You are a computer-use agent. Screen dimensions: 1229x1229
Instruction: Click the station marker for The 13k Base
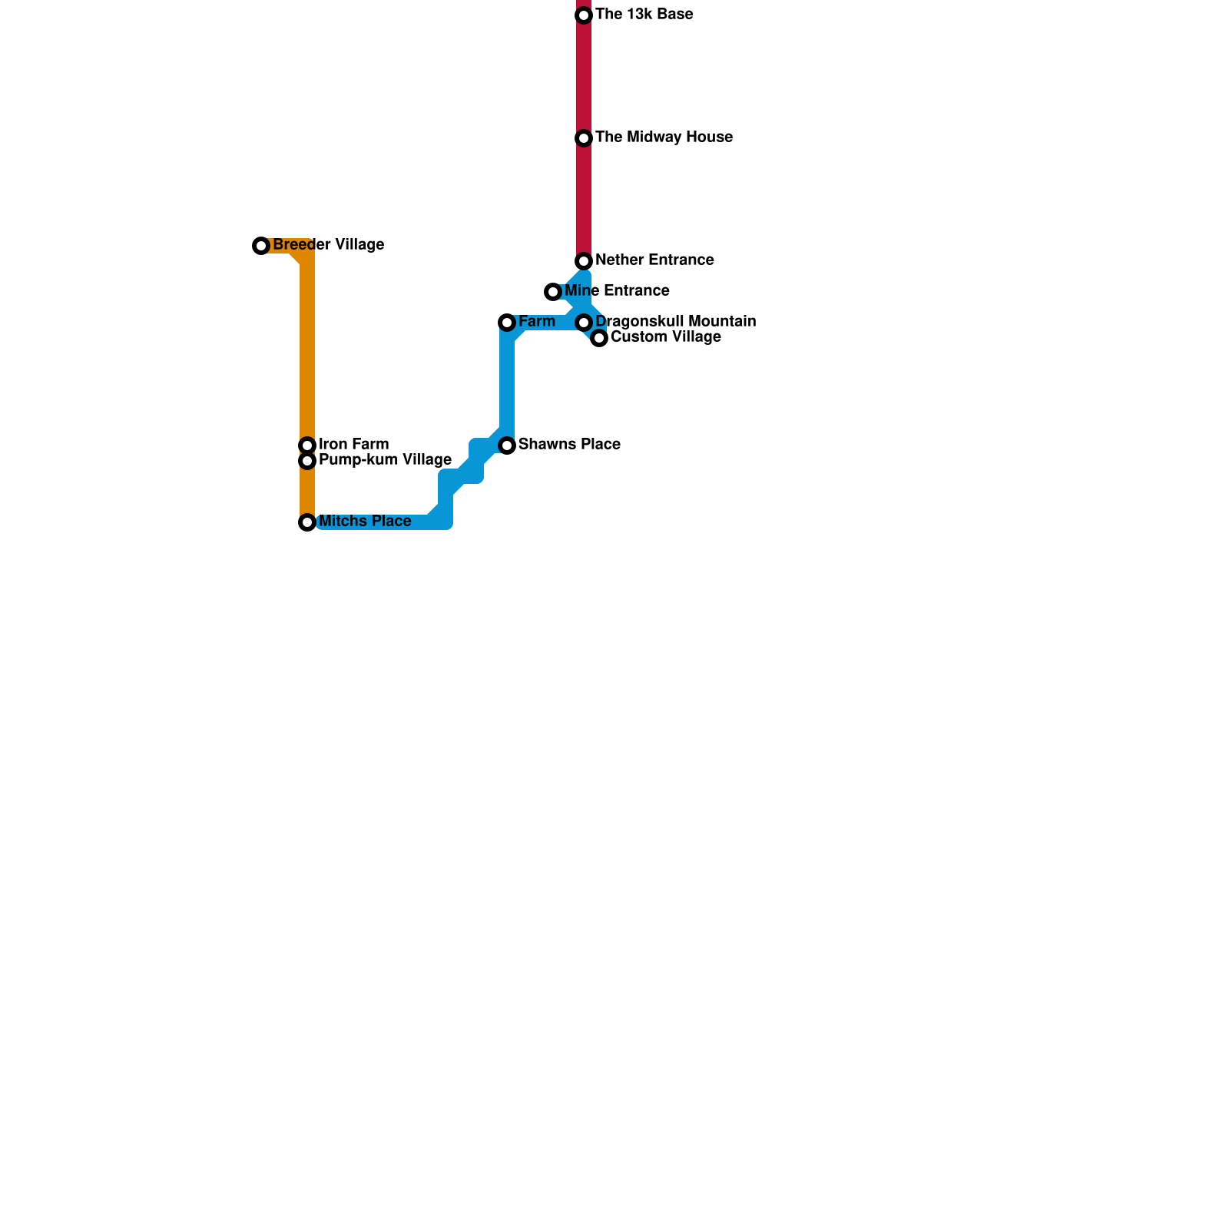point(584,15)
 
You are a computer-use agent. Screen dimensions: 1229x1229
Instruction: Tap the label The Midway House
point(664,137)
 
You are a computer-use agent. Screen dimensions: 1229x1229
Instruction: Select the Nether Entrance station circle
point(584,261)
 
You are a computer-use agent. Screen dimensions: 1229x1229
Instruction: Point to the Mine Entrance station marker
point(553,292)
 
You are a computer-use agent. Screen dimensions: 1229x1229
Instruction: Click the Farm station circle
point(507,323)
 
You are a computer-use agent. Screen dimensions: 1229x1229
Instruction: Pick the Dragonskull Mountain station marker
point(584,323)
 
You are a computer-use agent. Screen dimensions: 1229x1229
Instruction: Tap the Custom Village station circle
point(599,338)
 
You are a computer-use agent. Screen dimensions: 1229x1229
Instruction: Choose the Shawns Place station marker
point(507,446)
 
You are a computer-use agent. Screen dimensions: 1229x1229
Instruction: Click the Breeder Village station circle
point(261,246)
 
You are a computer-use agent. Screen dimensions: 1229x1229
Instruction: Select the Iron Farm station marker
point(307,446)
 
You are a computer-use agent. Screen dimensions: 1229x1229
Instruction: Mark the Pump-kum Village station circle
point(307,461)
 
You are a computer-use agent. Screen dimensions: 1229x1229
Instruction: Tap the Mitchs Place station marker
point(307,522)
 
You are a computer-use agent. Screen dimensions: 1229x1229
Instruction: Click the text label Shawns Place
point(569,445)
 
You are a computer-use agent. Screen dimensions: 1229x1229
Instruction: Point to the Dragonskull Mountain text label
point(675,322)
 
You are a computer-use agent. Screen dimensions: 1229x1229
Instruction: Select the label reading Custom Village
point(665,337)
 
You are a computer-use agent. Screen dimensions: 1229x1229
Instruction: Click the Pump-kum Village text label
point(385,460)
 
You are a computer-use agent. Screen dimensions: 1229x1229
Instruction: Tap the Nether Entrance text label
point(654,260)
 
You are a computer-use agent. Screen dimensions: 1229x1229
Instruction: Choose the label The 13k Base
point(644,15)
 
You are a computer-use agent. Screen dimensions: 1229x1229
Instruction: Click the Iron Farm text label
point(353,445)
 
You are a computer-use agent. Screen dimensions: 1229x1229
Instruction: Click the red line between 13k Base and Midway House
point(584,77)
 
